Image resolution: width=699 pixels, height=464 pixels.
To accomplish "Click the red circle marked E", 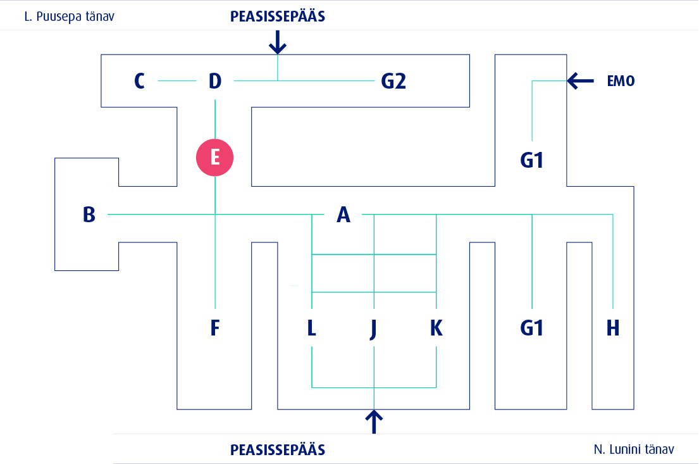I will pos(215,157).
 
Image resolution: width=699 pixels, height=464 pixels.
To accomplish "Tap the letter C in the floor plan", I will pos(140,81).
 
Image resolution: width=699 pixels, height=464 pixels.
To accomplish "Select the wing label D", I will pos(215,81).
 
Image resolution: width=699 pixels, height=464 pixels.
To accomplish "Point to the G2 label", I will pos(393,81).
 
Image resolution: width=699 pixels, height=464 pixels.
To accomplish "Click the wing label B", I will pos(89,215).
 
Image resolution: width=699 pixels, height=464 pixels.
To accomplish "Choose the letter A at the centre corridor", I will pos(343,215).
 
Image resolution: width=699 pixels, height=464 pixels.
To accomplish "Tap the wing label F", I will pos(215,328).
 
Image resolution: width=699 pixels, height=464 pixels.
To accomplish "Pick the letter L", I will pos(311,328).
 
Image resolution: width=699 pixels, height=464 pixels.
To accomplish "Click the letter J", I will pos(374,328).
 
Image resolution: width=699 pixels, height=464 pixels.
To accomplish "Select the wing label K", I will pos(436,328).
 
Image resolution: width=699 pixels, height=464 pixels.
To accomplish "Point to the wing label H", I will pos(612,328).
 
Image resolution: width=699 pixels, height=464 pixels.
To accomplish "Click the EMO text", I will pos(620,81).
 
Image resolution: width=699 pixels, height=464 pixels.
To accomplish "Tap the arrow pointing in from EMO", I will pos(581,80).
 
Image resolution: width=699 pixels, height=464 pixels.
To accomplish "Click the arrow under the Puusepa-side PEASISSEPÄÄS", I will pos(278,42).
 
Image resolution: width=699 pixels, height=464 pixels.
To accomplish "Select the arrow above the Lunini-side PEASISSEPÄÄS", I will pos(374,422).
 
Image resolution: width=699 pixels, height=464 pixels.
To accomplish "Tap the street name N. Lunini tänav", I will pos(634,449).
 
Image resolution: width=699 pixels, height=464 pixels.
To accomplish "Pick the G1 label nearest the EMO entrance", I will pos(532,161).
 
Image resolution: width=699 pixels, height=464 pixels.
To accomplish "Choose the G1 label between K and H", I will pos(532,328).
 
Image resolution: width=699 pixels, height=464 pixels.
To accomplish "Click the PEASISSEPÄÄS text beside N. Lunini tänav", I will pos(278,450).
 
